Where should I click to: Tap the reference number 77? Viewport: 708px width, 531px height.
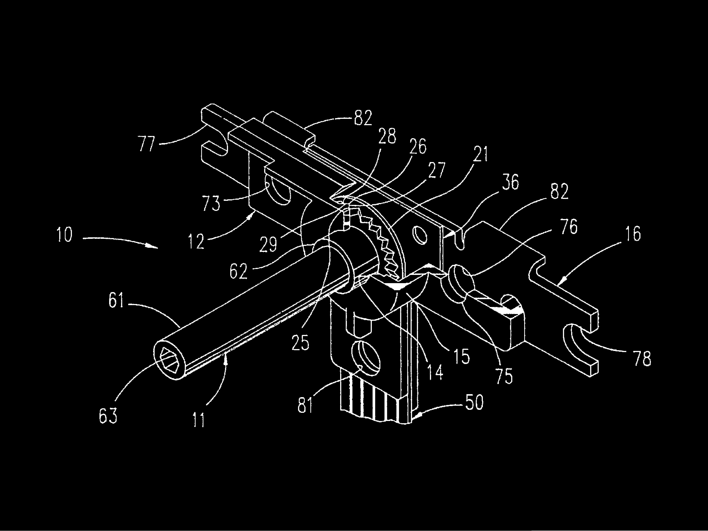tap(147, 144)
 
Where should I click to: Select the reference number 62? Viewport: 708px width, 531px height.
tap(238, 271)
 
